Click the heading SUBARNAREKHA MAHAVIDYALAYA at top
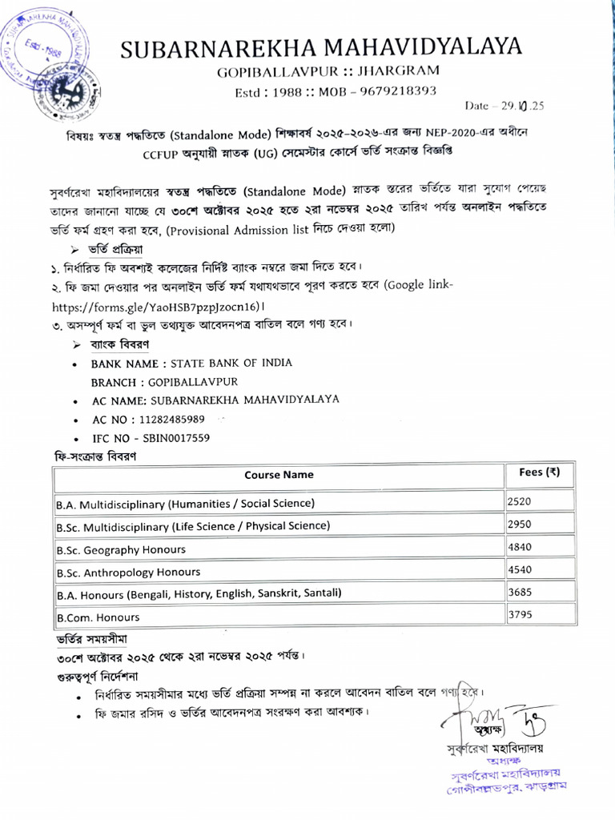[321, 48]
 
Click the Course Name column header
[279, 474]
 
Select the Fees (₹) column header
[534, 472]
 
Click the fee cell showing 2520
[520, 501]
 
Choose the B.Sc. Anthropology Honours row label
[128, 573]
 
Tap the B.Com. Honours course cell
[98, 617]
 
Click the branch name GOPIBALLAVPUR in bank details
[187, 382]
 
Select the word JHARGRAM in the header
[392, 72]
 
